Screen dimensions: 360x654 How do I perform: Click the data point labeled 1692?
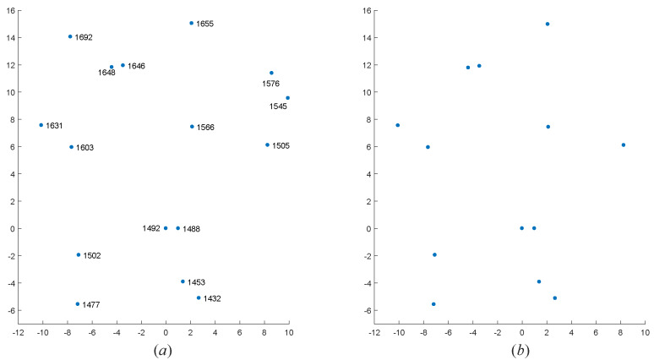pos(70,36)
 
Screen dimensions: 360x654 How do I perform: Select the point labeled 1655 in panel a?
pos(191,23)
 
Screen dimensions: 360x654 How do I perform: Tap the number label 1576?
pos(272,84)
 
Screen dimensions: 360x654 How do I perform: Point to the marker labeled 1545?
pos(287,98)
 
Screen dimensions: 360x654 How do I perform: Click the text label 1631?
pos(54,126)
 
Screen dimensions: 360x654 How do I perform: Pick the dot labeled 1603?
pos(71,147)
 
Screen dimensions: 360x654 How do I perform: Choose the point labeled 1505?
pos(267,145)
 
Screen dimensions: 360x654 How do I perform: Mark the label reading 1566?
pos(205,128)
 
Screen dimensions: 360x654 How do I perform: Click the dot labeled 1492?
pos(166,228)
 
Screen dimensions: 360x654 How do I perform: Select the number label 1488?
pos(191,229)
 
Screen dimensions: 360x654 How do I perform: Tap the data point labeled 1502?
pos(79,254)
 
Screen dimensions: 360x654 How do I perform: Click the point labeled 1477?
pos(77,304)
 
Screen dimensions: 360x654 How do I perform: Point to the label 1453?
pos(196,282)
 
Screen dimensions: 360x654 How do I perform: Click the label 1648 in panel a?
pos(106,73)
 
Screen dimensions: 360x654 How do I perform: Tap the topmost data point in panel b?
pos(548,24)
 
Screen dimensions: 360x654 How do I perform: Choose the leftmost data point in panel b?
pos(397,125)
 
